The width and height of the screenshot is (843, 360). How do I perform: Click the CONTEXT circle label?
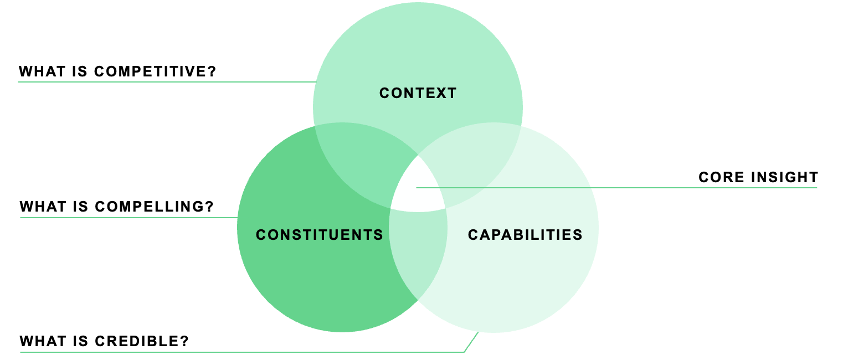tap(418, 93)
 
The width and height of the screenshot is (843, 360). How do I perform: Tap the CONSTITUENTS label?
tap(320, 235)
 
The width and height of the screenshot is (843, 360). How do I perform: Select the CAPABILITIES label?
tap(525, 235)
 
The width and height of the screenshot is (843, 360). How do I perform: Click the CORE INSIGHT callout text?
tap(758, 177)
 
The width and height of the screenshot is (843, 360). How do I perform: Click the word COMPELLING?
tap(155, 207)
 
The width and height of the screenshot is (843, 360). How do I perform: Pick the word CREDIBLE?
tap(142, 341)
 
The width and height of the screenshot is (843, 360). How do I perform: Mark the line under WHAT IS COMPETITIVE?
tap(166, 82)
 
